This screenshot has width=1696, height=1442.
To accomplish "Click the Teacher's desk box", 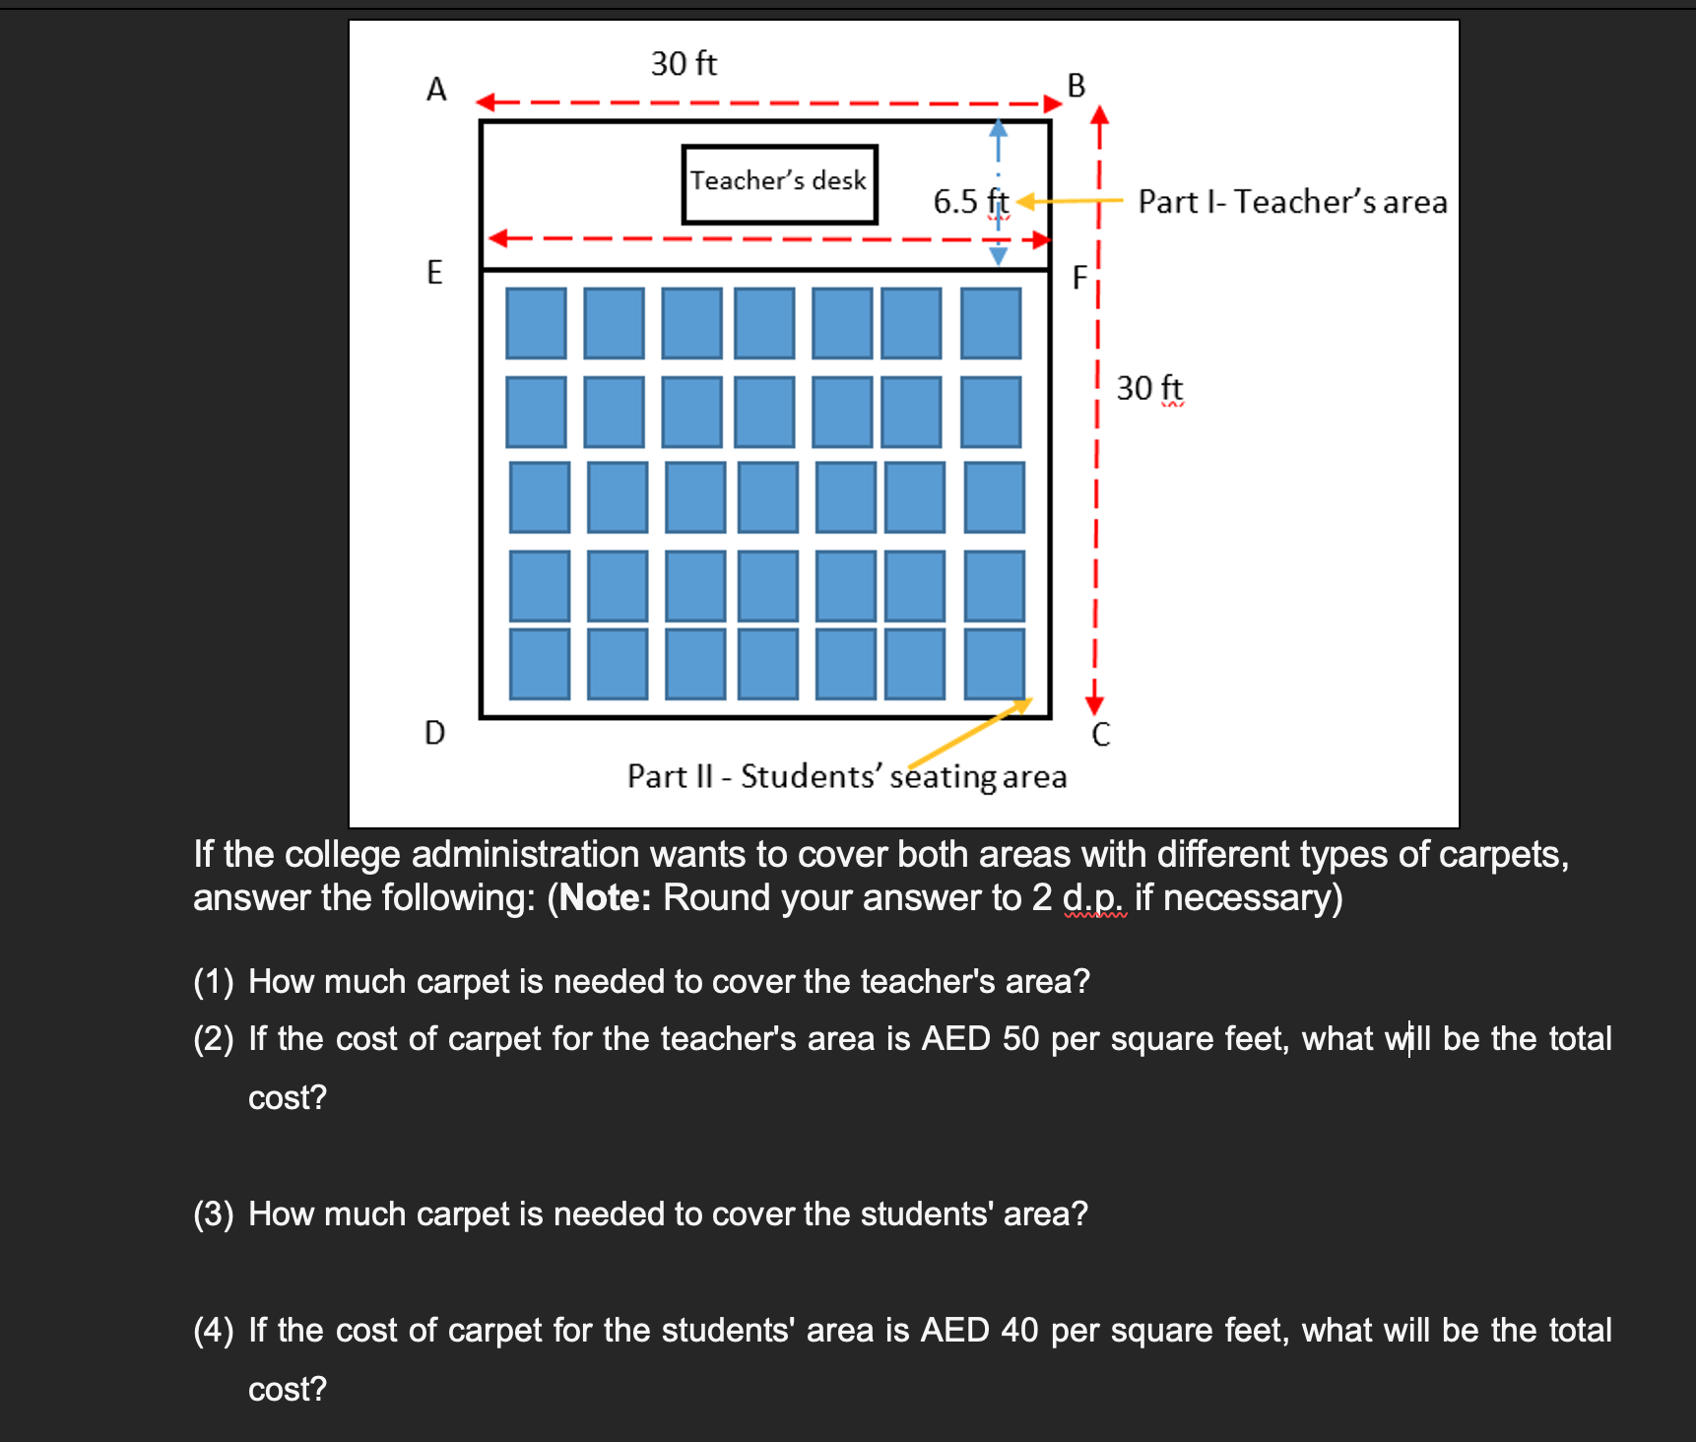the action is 779,184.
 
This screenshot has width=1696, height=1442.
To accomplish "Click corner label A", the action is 436,90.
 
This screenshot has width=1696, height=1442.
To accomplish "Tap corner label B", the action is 1076,86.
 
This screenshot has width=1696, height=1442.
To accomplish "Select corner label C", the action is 1101,735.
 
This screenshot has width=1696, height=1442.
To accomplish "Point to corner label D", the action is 434,733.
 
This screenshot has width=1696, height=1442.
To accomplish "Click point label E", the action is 434,272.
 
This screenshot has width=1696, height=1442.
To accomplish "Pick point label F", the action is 1079,278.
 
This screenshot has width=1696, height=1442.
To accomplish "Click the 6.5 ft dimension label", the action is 971,202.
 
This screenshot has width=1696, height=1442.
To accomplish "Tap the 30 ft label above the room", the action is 684,64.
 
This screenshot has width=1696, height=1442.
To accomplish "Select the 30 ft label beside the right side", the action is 1149,388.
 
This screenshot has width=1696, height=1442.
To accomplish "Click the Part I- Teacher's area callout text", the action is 1293,202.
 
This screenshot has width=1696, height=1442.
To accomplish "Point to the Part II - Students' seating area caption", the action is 847,776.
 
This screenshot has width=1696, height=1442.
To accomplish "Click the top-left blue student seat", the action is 536,323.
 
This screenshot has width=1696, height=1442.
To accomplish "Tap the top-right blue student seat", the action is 991,323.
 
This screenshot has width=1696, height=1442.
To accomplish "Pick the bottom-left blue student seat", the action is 540,664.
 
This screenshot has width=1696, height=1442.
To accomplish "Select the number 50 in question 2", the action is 1021,1039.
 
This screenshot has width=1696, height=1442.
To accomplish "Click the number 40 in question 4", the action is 1020,1331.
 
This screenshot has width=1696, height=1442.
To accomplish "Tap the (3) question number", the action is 214,1214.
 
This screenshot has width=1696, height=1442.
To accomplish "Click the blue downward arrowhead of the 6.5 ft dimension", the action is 999,256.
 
